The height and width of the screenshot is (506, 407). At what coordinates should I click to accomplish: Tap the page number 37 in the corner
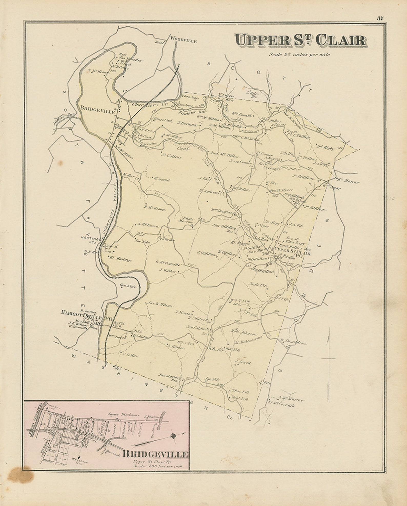[380, 18]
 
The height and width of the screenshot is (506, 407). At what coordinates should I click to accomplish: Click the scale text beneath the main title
[299, 55]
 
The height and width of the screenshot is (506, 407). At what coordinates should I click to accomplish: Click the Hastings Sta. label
[93, 240]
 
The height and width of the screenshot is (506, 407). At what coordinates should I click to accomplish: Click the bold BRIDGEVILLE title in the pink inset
[155, 454]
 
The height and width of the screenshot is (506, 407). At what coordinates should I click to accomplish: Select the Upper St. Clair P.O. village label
[292, 251]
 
